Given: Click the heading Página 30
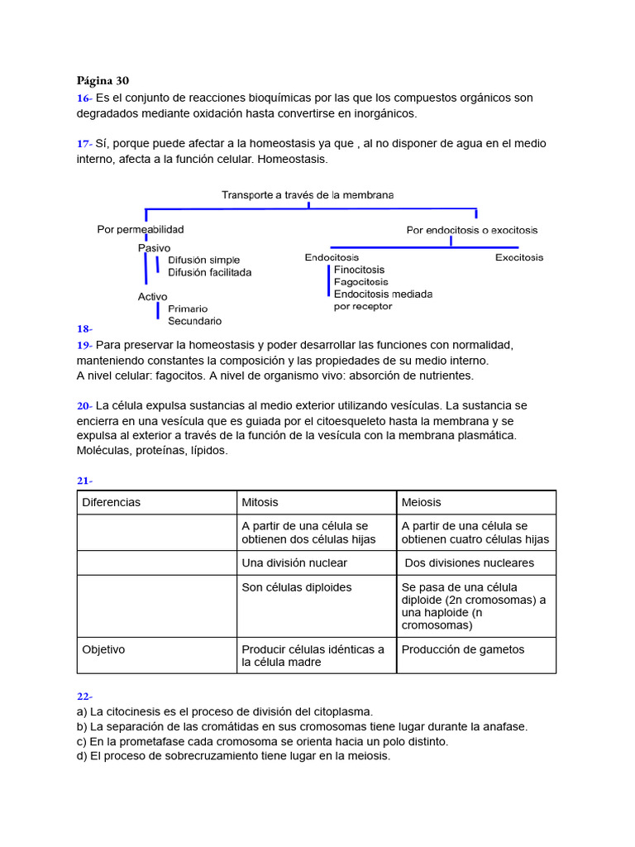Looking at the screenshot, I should point(103,80).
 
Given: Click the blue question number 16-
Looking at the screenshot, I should point(84,98).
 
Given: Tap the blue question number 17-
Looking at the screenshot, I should point(84,143).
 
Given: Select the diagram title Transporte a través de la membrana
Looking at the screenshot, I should point(308,195).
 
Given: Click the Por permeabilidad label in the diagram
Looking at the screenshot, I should point(141,229).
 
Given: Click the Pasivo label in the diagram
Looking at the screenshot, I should point(154,247).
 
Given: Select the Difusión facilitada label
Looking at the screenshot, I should point(209,272).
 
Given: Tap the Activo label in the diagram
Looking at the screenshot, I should point(152,296).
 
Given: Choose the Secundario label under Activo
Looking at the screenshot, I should point(194,321).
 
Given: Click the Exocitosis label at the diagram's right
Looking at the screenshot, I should point(519,257).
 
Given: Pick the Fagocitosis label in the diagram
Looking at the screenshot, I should point(360,282).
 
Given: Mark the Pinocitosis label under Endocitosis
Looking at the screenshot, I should point(359,270).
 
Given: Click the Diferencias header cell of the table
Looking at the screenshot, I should point(112,502).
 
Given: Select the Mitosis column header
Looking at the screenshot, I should point(260,502).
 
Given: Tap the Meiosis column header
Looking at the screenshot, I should point(421,502).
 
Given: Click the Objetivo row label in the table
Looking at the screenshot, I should point(103,649).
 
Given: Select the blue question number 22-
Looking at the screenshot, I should point(85,696).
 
